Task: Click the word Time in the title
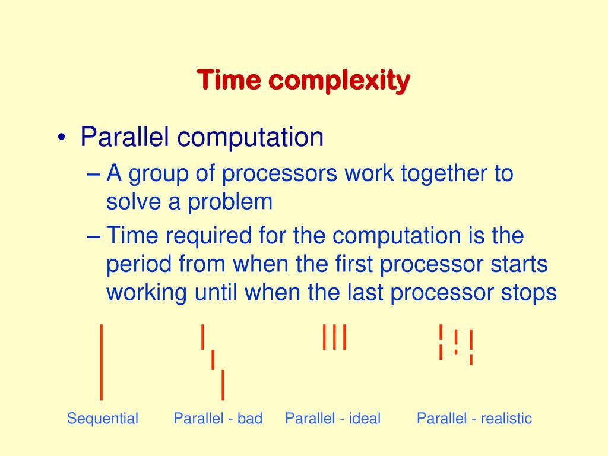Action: (229, 80)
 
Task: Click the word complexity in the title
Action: (339, 81)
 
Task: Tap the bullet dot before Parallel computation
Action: (61, 137)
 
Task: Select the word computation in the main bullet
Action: (250, 138)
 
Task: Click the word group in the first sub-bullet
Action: (158, 174)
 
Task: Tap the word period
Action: (139, 264)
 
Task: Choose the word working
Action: (147, 293)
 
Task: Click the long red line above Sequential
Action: (101, 362)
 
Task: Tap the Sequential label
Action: (102, 419)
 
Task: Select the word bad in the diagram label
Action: (250, 418)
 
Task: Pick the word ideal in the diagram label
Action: (365, 418)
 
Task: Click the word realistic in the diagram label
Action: (506, 418)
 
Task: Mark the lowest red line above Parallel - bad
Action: (223, 385)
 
